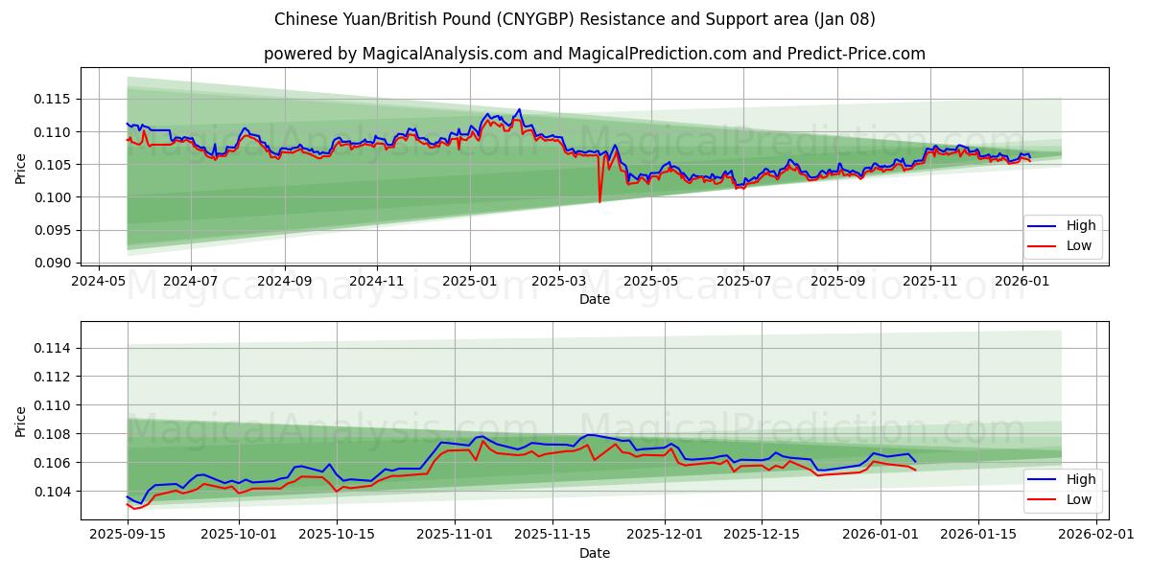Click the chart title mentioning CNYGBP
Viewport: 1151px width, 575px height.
coord(575,19)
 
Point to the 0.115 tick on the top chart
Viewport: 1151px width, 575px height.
coord(53,99)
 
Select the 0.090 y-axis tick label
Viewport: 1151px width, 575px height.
coord(53,263)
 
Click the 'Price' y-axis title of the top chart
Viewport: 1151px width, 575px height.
coord(21,169)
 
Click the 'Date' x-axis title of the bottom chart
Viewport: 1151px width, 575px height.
coord(595,553)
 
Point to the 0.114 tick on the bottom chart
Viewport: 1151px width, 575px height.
coord(53,348)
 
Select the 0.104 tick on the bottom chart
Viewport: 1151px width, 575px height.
coord(53,492)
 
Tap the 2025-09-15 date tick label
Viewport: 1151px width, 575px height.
coord(127,534)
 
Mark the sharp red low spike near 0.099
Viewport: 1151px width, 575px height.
coord(599,201)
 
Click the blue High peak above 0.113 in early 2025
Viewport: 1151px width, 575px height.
coord(519,109)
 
